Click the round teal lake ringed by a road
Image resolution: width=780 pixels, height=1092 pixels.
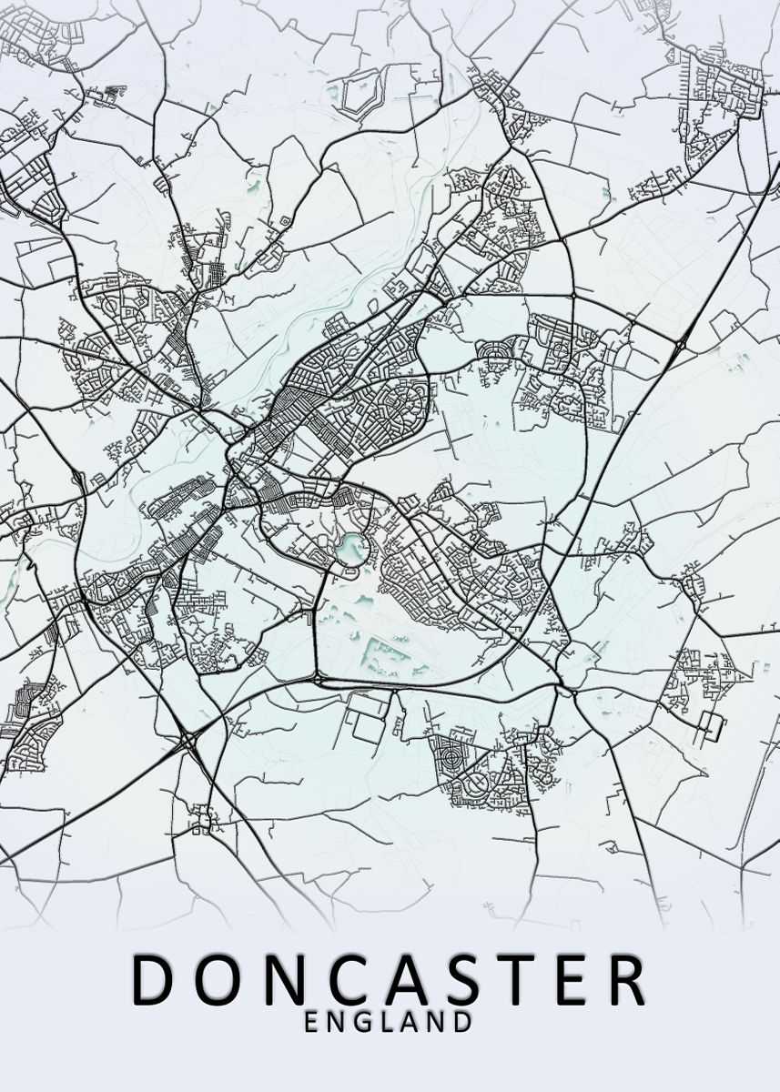tap(349, 548)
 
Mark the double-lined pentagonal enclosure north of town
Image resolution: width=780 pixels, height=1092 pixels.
tap(359, 97)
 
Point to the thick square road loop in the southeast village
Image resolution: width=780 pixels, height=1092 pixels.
tap(712, 725)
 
